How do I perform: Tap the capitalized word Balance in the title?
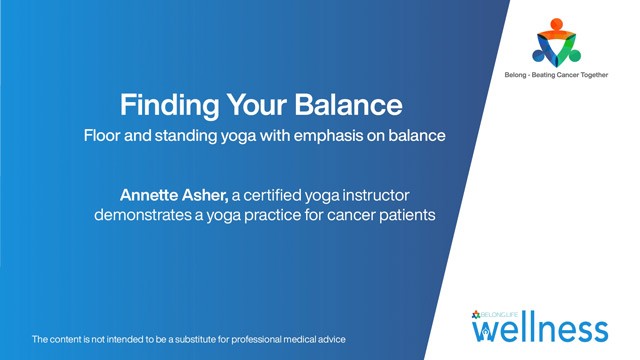(x=353, y=105)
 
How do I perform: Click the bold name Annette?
(x=154, y=193)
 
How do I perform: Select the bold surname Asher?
(x=223, y=193)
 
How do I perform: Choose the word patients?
(x=404, y=213)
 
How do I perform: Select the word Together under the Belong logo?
(x=601, y=74)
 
